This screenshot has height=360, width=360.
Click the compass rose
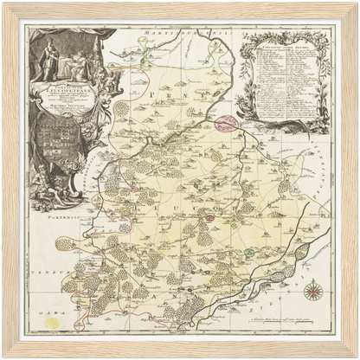click(x=314, y=292)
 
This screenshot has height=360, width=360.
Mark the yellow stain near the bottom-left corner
click(x=53, y=322)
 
